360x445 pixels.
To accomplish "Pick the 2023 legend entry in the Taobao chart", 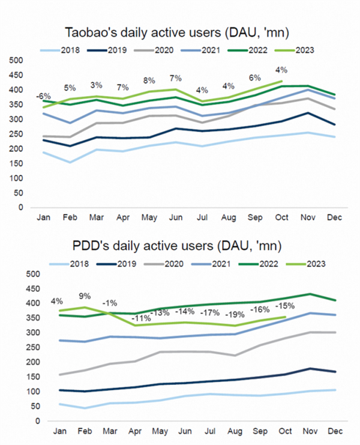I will [x=302, y=50].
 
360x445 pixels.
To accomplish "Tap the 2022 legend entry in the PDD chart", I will [x=261, y=263].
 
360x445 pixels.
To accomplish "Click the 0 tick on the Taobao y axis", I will [x=19, y=208].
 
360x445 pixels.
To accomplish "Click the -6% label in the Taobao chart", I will [x=43, y=97].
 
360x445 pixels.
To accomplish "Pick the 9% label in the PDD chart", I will [x=85, y=295].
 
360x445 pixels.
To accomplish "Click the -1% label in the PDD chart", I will [x=109, y=303].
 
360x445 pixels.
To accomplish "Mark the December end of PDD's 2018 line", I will [x=335, y=390].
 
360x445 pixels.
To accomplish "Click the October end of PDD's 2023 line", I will [x=284, y=317].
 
